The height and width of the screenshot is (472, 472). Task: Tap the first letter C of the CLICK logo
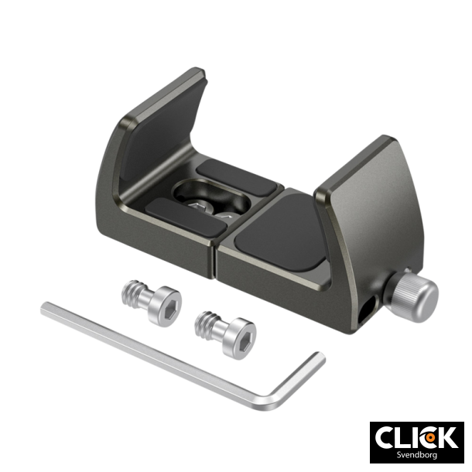click(x=388, y=436)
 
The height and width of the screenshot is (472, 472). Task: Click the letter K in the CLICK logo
click(x=446, y=436)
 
